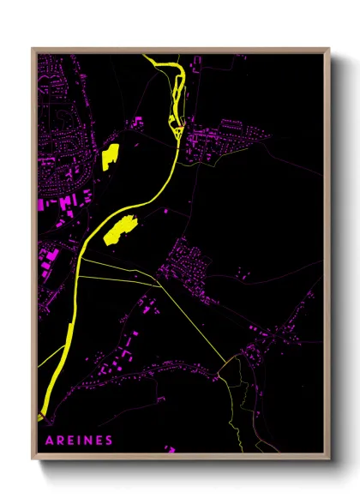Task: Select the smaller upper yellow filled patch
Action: [110, 157]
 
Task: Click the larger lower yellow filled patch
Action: [120, 231]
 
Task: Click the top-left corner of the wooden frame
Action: [33, 49]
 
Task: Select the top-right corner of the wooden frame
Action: [329, 49]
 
